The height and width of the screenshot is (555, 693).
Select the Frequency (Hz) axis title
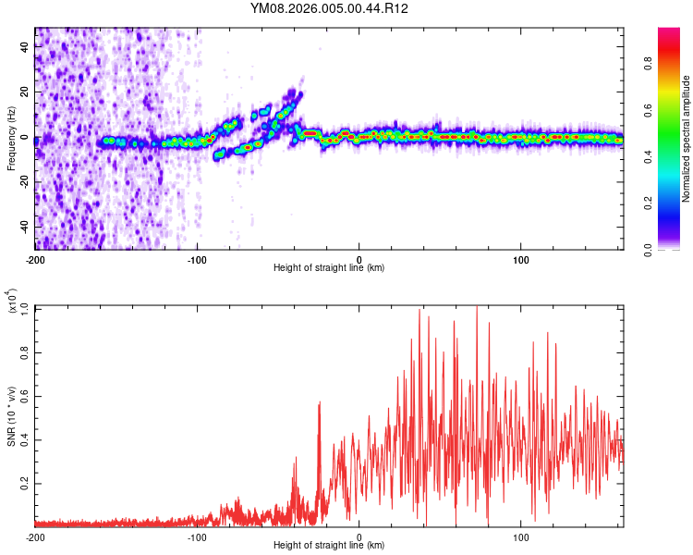pyautogui.click(x=11, y=139)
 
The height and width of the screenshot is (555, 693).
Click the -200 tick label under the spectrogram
pyautogui.click(x=35, y=258)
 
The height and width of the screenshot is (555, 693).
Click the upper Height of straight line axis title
pyautogui.click(x=329, y=268)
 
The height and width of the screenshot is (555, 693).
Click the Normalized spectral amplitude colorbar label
pyautogui.click(x=687, y=139)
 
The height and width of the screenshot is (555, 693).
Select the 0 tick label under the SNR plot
pyautogui.click(x=359, y=536)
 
